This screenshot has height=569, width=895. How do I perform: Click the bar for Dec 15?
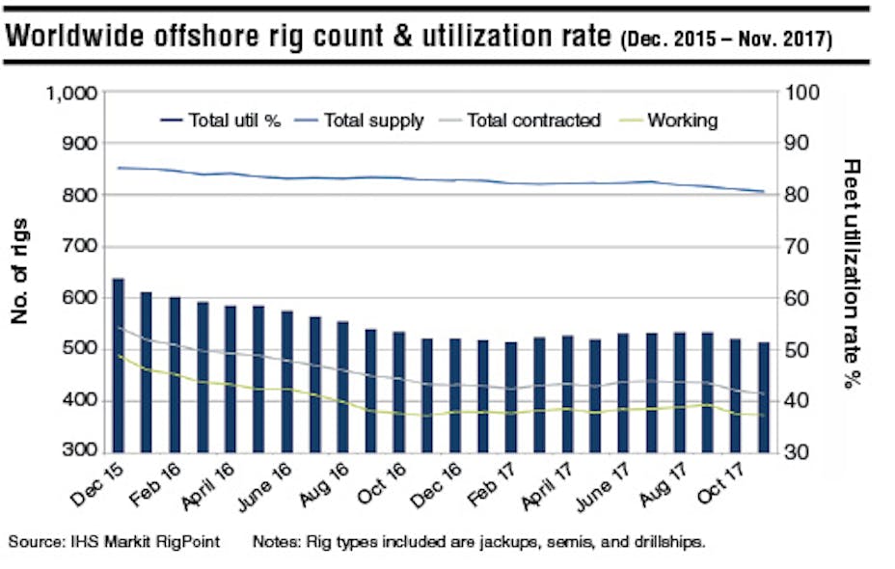click(x=119, y=366)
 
